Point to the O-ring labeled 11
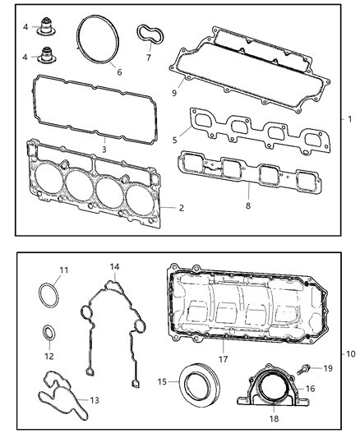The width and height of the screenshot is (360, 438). (50, 294)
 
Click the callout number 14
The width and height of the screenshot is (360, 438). (115, 268)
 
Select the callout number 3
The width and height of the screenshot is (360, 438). (103, 150)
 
